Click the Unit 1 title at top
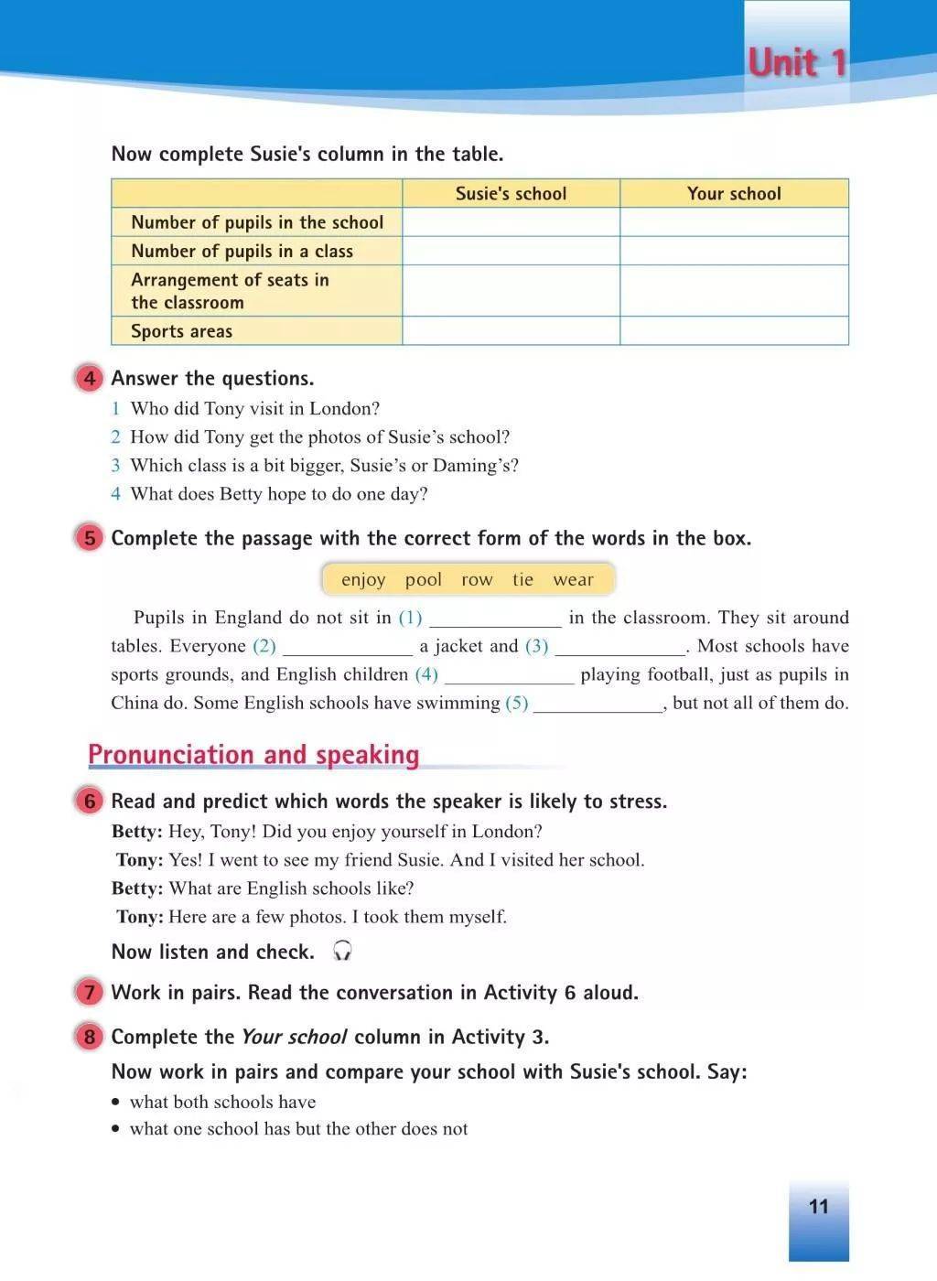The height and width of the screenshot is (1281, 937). (797, 63)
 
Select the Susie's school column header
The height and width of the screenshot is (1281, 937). (511, 193)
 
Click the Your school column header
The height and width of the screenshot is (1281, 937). (734, 193)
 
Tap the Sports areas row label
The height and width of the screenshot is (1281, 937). (181, 331)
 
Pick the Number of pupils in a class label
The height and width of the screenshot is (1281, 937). (242, 251)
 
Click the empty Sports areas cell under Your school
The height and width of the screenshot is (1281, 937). (734, 331)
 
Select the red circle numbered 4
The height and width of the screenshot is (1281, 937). (90, 378)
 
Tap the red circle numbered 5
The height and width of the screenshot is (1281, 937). (90, 538)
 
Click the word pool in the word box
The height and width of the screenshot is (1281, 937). (423, 579)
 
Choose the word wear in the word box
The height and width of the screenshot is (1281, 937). (573, 579)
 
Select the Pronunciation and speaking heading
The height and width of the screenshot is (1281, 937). (253, 755)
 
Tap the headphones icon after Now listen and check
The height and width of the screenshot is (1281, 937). (343, 951)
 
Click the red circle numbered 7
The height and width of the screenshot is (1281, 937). (90, 992)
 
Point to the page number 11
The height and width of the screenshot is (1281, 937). (818, 1206)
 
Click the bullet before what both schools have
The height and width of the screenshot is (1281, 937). (116, 1103)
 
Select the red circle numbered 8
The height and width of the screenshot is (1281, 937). (90, 1037)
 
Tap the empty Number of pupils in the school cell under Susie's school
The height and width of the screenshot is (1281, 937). (511, 222)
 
